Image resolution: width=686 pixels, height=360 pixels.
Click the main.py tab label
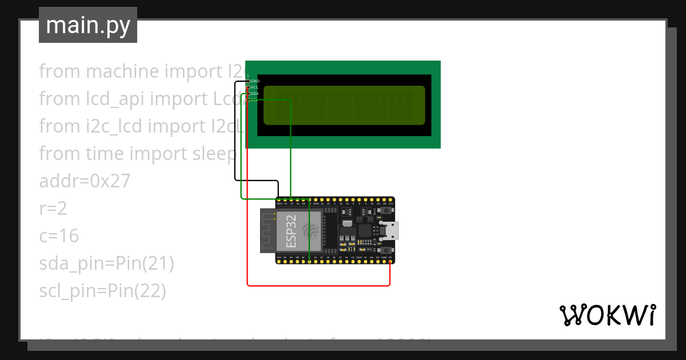87,25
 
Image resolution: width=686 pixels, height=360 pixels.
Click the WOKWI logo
607,315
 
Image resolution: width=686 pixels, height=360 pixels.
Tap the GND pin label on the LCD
255,81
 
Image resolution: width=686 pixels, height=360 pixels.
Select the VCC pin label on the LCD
255,87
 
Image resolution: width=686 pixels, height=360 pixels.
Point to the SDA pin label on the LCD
255,94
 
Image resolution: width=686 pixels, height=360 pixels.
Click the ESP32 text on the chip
290,231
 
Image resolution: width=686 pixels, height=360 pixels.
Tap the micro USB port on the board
393,231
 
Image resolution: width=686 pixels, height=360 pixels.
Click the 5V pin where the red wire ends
390,263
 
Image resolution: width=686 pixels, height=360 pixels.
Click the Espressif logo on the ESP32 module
310,231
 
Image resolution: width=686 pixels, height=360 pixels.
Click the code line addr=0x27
85,181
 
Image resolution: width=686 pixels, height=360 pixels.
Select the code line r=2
53,209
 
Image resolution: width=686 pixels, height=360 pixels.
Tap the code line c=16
59,236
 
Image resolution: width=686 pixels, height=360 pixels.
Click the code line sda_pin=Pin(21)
106,263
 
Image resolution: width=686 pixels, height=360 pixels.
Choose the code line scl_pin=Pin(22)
102,291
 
